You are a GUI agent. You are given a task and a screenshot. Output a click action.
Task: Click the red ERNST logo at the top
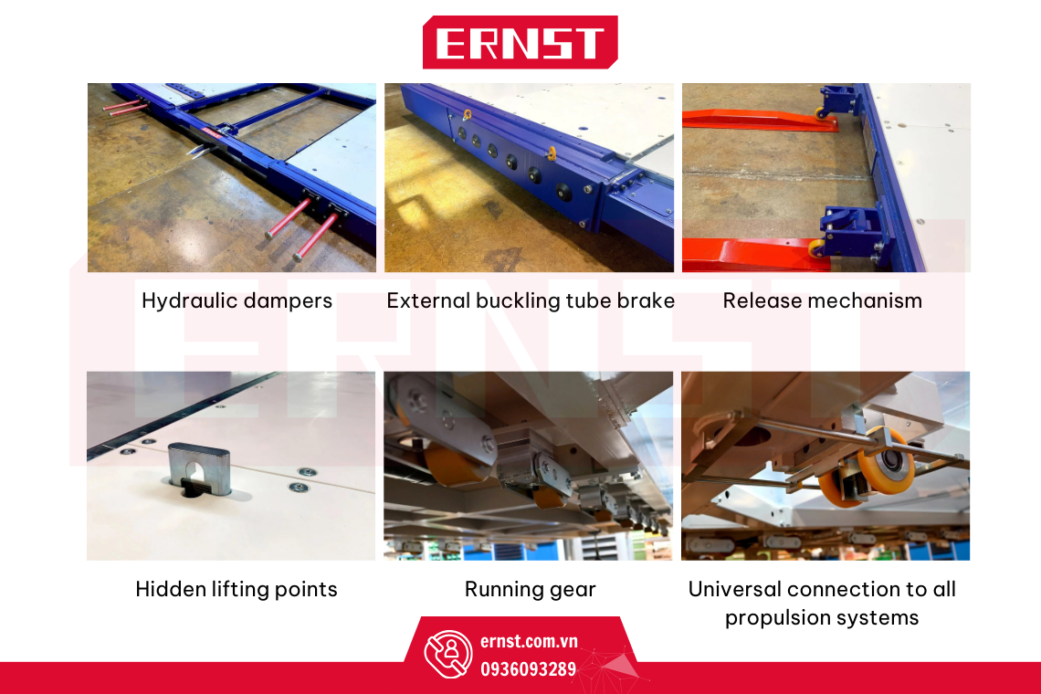(520, 42)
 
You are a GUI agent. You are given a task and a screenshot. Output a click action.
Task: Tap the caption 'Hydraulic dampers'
(237, 300)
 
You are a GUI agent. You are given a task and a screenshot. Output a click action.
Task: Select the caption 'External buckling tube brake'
(531, 300)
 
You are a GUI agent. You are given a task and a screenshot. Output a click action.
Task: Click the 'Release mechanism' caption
(822, 300)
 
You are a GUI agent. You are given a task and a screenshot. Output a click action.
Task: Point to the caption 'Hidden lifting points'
(237, 589)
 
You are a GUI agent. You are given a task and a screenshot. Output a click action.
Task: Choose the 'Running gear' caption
(530, 590)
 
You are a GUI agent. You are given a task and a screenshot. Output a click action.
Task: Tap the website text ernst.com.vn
(529, 642)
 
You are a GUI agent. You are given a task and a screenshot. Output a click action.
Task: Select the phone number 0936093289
(529, 668)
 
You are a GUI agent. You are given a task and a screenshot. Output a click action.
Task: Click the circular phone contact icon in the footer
(448, 654)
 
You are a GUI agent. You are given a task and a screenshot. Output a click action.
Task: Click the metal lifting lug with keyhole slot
(200, 469)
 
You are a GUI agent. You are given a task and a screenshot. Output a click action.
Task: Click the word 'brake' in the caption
(646, 300)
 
